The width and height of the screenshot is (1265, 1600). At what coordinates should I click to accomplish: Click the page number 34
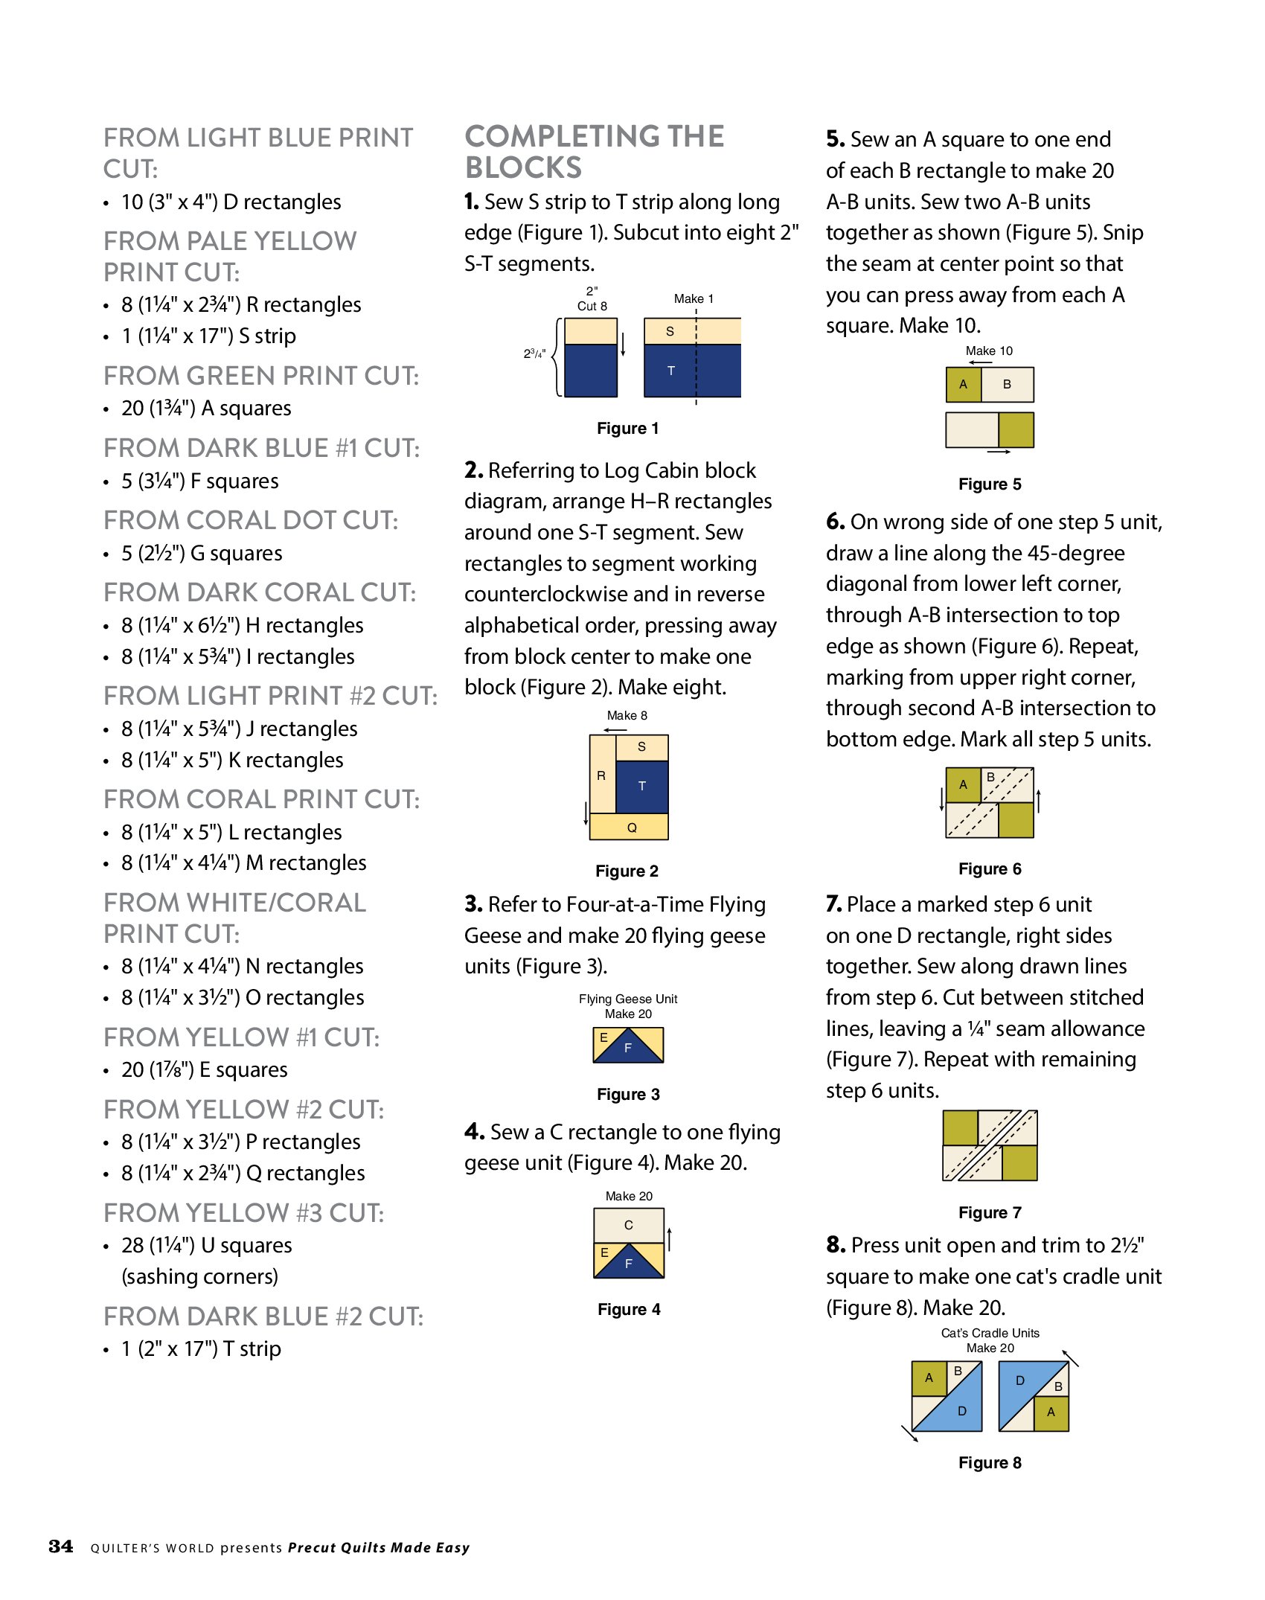61,1546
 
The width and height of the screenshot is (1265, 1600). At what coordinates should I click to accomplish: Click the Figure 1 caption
627,428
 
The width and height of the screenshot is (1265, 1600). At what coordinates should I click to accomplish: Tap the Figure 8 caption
989,1462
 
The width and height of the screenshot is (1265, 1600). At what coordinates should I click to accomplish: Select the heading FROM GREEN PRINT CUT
261,376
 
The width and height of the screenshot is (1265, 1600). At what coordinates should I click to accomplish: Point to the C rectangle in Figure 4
628,1225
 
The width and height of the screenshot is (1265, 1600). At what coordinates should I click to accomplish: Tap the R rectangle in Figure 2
601,775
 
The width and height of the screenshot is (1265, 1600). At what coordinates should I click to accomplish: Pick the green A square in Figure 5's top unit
963,385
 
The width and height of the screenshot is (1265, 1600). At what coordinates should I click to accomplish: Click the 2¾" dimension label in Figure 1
534,353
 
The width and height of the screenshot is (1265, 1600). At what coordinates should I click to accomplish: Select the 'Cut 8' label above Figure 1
592,306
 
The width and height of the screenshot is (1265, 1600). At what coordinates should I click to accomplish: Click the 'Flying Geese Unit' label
628,999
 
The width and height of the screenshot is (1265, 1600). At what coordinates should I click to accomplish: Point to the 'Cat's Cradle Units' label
990,1333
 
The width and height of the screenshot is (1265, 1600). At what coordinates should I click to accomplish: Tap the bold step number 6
835,522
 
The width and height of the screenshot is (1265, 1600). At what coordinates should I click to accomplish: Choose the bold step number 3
473,904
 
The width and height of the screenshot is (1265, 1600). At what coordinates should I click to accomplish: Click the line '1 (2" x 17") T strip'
201,1348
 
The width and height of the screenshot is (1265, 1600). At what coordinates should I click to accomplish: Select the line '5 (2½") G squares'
202,553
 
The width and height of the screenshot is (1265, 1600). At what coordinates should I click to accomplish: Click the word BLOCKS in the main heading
523,167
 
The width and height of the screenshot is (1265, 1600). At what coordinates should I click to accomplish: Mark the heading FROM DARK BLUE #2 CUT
263,1316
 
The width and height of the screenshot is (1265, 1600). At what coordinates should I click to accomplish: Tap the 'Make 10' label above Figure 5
989,351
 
